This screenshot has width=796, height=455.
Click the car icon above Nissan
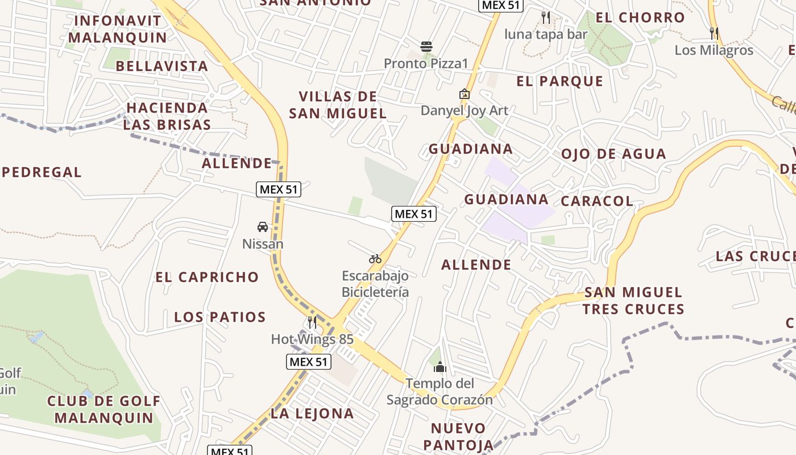pyautogui.click(x=263, y=227)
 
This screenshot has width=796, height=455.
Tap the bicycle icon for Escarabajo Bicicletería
pyautogui.click(x=375, y=259)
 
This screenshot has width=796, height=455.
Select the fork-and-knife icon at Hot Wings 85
pyautogui.click(x=312, y=322)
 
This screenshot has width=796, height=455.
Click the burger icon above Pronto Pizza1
pyautogui.click(x=426, y=46)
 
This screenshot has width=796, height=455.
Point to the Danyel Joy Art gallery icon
pyautogui.click(x=465, y=94)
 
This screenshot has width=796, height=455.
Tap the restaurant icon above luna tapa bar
pyautogui.click(x=546, y=18)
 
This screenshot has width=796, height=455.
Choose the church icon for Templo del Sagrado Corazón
pyautogui.click(x=440, y=367)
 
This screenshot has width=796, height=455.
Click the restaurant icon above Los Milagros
pyautogui.click(x=714, y=34)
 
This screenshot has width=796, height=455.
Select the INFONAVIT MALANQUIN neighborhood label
pyautogui.click(x=118, y=30)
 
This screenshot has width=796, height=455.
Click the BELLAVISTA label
pyautogui.click(x=162, y=66)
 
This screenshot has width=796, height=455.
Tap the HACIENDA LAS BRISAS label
pyautogui.click(x=167, y=116)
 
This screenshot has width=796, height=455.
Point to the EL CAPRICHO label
pyautogui.click(x=207, y=277)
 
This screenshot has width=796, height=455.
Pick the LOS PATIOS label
pyautogui.click(x=220, y=317)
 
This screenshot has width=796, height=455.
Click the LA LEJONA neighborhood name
pyautogui.click(x=312, y=413)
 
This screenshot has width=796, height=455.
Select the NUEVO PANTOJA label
pyautogui.click(x=458, y=436)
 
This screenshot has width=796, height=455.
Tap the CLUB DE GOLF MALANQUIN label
pyautogui.click(x=104, y=409)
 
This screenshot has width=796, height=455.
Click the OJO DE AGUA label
pyautogui.click(x=613, y=154)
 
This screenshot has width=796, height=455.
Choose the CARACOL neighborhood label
pyautogui.click(x=596, y=201)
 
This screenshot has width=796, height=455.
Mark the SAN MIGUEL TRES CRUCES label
pyautogui.click(x=633, y=301)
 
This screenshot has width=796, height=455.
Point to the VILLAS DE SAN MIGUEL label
pyautogui.click(x=338, y=105)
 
